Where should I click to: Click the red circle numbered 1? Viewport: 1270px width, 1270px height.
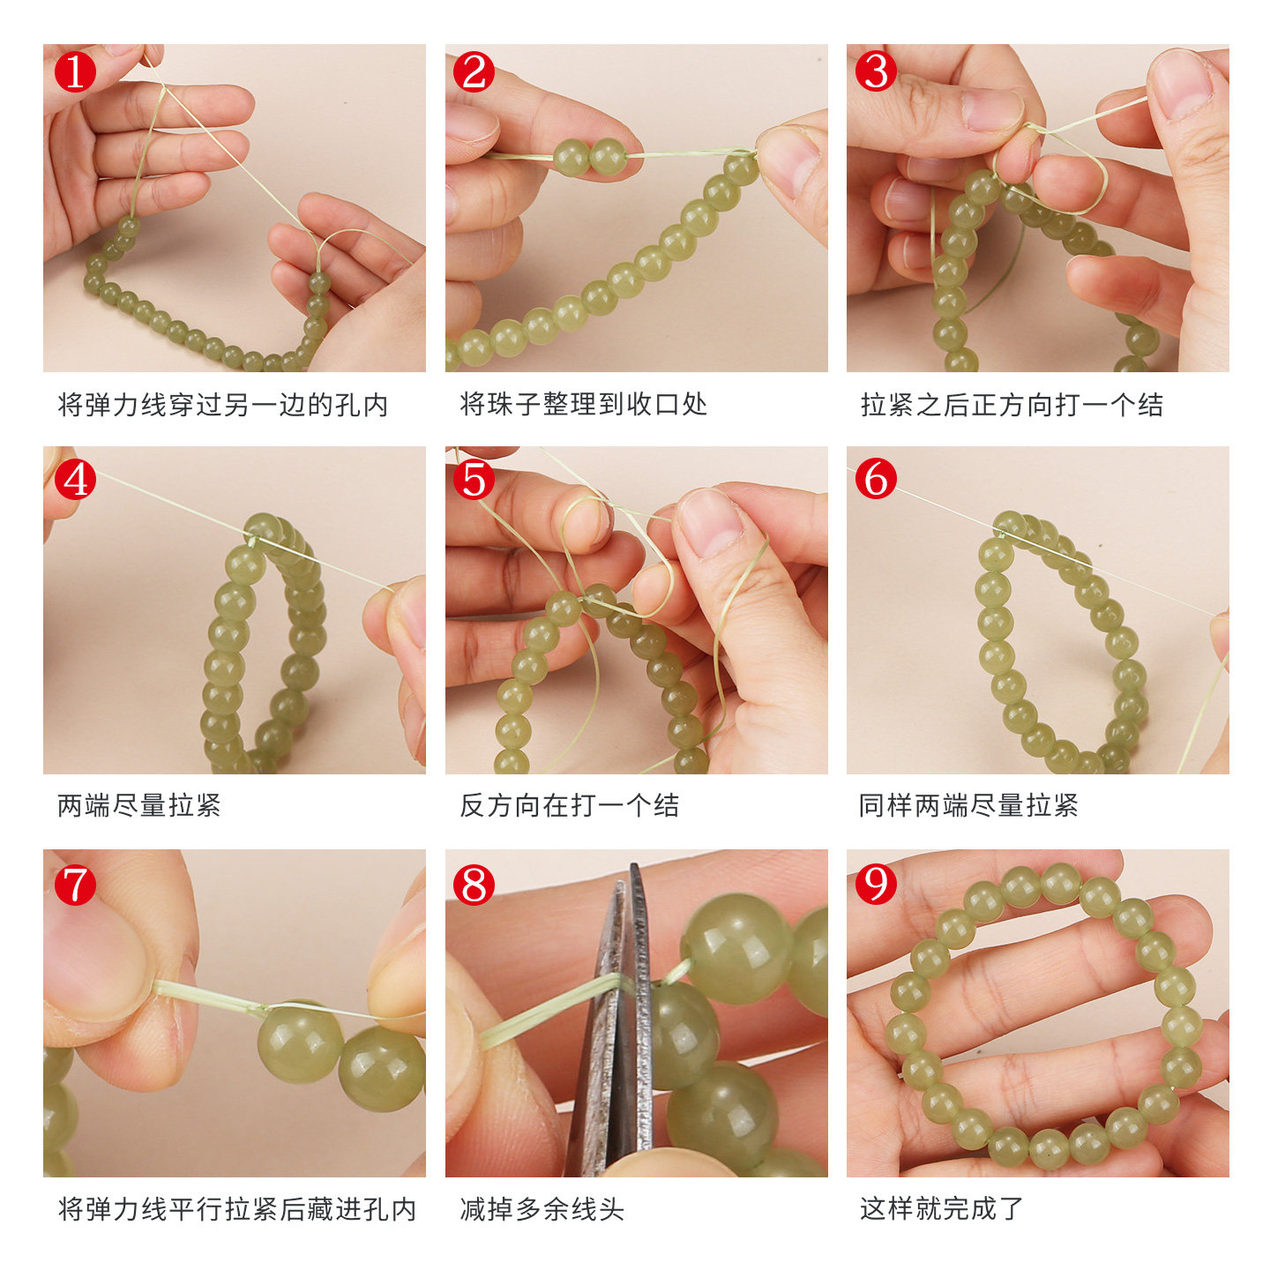coord(75,71)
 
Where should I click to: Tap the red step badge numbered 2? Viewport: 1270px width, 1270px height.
coord(474,71)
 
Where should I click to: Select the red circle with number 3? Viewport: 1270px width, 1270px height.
coord(875,71)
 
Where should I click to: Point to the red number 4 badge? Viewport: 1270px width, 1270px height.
coord(75,479)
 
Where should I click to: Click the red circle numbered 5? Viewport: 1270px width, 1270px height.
coord(474,479)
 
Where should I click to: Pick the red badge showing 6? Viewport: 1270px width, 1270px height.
coord(875,479)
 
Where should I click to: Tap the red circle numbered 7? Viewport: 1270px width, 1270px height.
coord(75,884)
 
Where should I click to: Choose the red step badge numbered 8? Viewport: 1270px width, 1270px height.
coord(474,884)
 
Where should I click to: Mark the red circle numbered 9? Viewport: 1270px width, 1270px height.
coord(875,884)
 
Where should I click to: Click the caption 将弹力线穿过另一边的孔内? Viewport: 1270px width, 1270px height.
coord(223,405)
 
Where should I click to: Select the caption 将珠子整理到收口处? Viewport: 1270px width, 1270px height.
coord(583,404)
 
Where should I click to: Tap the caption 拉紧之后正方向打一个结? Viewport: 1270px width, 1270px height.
coord(1012,405)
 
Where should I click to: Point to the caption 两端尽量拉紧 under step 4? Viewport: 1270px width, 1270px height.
coord(139,804)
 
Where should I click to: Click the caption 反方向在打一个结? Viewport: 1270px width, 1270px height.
coord(570,804)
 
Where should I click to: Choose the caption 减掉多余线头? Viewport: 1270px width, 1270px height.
coord(542,1209)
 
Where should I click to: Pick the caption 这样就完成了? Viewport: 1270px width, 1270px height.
coord(941,1208)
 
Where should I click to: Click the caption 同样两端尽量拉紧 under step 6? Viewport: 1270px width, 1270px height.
coord(968,804)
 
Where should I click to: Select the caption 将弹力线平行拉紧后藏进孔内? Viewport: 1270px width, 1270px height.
coord(237,1209)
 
